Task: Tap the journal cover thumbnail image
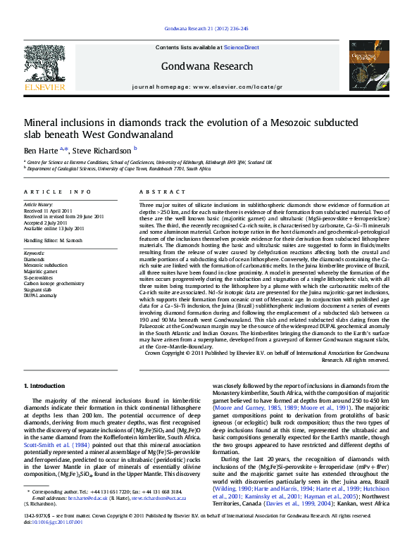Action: (368, 65)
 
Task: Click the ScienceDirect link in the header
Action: (242, 47)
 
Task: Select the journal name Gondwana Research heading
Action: (206, 66)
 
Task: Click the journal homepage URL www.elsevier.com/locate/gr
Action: (232, 86)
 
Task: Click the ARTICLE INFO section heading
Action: (57, 191)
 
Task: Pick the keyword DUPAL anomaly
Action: (40, 296)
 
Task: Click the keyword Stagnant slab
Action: (38, 290)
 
